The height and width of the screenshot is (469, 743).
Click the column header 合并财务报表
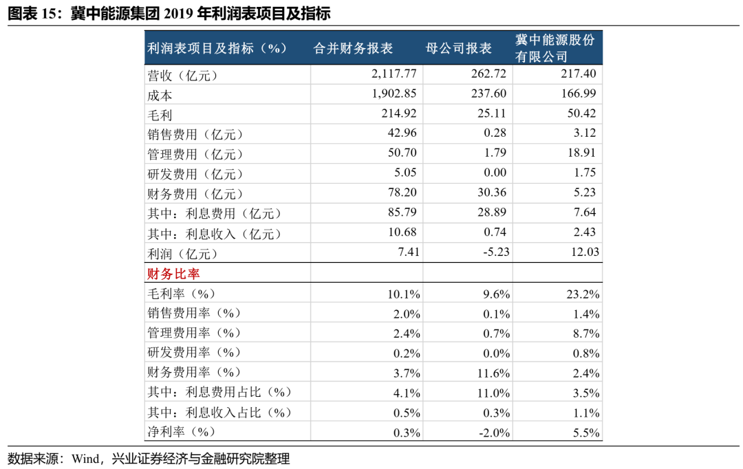point(353,49)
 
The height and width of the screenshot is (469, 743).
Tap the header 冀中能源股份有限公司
point(555,49)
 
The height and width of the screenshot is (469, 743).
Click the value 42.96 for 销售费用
point(402,133)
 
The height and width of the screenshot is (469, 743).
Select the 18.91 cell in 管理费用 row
point(582,153)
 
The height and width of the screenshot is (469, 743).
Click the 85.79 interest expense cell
point(402,213)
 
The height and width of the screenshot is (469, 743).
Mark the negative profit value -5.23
point(495,252)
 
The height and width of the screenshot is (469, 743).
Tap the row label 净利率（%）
point(182,433)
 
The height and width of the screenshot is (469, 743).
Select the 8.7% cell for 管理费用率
point(587,334)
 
